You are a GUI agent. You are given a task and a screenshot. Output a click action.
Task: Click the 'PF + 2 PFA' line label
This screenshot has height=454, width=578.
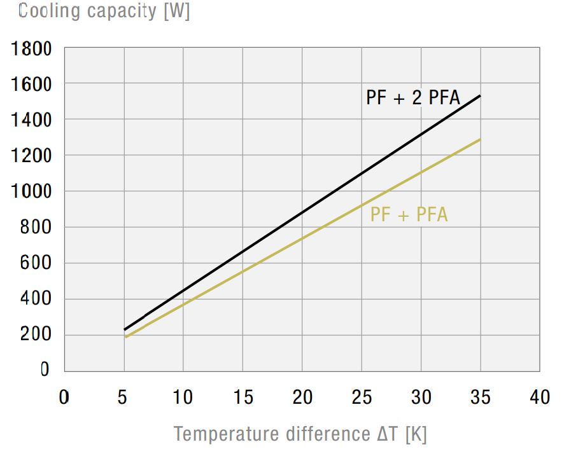click(x=413, y=99)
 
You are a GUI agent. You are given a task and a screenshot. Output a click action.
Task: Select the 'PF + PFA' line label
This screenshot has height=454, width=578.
click(x=409, y=215)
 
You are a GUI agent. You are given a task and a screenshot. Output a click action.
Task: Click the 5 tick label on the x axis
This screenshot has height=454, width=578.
click(x=123, y=397)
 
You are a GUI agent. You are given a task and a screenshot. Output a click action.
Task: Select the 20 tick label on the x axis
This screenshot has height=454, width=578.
click(x=302, y=397)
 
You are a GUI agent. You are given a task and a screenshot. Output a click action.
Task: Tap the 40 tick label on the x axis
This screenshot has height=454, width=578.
click(x=540, y=397)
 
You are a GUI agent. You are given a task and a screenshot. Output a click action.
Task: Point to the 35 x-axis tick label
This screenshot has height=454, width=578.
click(x=481, y=397)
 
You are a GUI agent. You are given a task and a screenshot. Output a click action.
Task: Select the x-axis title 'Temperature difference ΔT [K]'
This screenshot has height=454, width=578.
click(x=300, y=434)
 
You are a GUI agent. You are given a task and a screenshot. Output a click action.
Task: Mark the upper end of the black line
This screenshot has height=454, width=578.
click(x=480, y=96)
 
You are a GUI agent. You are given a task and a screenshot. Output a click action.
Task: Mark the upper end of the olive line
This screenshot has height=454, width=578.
click(x=480, y=139)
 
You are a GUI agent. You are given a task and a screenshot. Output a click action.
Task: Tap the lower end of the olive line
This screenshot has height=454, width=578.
click(x=125, y=337)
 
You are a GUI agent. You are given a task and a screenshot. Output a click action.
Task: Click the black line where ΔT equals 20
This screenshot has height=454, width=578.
click(x=302, y=212)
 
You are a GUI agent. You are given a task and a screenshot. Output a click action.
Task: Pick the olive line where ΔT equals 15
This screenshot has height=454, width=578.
click(x=243, y=272)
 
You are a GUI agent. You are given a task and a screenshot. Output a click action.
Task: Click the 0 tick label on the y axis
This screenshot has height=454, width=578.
click(x=45, y=371)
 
